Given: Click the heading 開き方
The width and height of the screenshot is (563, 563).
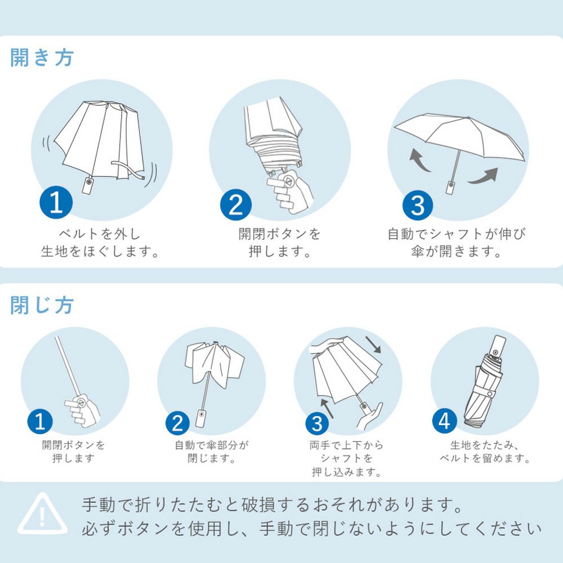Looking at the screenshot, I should click(42, 58).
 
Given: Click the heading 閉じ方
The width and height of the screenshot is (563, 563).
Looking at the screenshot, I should click(42, 305).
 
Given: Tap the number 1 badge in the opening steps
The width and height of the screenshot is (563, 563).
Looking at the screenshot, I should click(56, 204).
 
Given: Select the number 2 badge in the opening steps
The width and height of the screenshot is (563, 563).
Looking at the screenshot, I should click(236, 205).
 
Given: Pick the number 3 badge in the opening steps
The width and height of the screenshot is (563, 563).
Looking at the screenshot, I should click(417, 206).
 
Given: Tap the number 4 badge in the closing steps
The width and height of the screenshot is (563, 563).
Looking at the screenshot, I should click(445, 421).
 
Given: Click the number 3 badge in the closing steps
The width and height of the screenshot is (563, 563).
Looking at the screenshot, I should click(316, 423).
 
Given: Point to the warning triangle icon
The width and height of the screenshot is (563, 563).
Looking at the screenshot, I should click(42, 513).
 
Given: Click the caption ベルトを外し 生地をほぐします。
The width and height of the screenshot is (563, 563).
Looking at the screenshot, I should click(99, 242).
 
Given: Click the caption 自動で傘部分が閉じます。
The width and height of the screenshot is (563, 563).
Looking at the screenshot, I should click(211, 452).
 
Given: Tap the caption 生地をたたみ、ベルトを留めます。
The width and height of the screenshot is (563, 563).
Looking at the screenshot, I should click(485, 452).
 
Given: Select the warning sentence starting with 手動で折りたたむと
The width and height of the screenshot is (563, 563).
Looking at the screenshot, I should click(272, 504).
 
